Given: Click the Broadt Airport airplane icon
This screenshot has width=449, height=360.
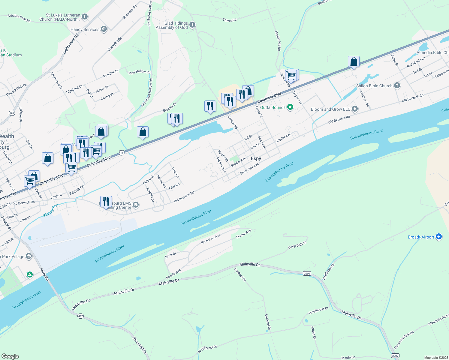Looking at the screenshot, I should (x=439, y=237).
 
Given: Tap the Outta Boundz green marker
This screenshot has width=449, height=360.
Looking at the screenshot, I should (x=290, y=107).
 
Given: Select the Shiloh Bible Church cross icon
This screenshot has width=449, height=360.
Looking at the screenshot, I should (x=397, y=86).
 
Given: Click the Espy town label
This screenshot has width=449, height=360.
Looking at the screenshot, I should (x=256, y=158).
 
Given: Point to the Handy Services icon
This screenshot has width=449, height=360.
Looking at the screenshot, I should (x=104, y=29).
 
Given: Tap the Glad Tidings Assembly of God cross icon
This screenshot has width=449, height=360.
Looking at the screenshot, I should (x=192, y=25).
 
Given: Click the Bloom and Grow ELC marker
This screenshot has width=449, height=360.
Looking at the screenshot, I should (x=355, y=109).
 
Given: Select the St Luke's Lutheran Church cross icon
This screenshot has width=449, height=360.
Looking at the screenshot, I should (x=85, y=17).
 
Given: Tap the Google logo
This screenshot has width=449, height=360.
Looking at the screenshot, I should (x=10, y=356).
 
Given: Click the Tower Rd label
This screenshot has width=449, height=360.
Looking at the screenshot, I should (x=230, y=20).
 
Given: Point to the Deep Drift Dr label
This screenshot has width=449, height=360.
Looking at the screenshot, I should (x=297, y=245).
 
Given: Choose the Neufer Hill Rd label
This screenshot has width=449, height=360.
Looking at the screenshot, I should (x=278, y=40).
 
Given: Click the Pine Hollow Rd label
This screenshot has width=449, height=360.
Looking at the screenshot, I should (x=140, y=72).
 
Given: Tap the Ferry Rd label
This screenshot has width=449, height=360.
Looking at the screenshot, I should (x=44, y=274).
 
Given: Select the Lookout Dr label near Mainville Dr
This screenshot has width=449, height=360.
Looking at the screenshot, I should (x=240, y=274).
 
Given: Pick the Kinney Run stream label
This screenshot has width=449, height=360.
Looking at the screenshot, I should (x=51, y=211).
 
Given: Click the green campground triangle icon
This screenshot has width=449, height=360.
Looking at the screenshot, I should (x=29, y=274).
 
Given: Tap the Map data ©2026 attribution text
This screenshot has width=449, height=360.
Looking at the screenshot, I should (x=436, y=358).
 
